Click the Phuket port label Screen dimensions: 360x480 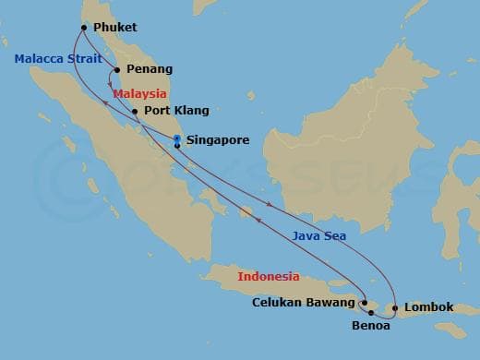pyautogui.click(x=115, y=28)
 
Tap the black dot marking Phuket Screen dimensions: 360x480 pyautogui.click(x=84, y=28)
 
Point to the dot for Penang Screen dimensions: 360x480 pyautogui.click(x=117, y=69)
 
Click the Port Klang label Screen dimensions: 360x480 pyautogui.click(x=177, y=111)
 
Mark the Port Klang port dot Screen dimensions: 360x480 pyautogui.click(x=136, y=112)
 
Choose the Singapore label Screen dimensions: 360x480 pyautogui.click(x=218, y=141)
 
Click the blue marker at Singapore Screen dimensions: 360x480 pyautogui.click(x=176, y=139)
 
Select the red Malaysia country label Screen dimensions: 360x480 pyautogui.click(x=138, y=94)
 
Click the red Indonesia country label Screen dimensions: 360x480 pyautogui.click(x=269, y=276)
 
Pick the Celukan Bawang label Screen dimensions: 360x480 pyautogui.click(x=303, y=303)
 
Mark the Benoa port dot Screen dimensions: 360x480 pyautogui.click(x=371, y=314)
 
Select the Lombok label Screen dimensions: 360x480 pyautogui.click(x=429, y=306)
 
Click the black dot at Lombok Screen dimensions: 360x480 pyautogui.click(x=395, y=307)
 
